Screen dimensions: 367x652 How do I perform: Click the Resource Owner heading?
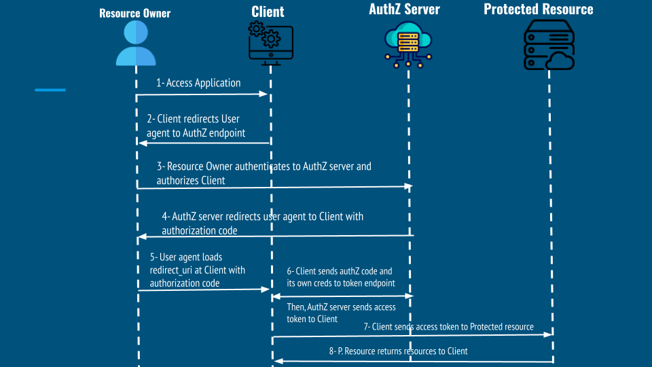click(135, 13)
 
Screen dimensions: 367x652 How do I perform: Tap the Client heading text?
click(268, 12)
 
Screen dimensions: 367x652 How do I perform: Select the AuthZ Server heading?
click(404, 10)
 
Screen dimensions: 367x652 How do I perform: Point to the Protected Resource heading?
click(539, 10)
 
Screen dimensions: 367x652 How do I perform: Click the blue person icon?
click(136, 43)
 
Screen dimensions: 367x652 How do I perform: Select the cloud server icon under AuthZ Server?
click(408, 42)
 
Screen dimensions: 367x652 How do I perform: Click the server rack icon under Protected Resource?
click(549, 45)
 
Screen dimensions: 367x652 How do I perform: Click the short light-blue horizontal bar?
click(50, 90)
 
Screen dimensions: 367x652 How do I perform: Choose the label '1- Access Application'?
click(198, 83)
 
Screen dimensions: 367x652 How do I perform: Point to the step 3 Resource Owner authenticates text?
click(264, 173)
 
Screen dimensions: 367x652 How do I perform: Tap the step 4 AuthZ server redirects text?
click(262, 224)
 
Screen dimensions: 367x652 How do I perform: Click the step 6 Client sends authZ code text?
click(340, 277)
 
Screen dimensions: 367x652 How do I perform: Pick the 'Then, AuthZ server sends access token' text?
click(341, 313)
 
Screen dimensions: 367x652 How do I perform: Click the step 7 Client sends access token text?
click(448, 327)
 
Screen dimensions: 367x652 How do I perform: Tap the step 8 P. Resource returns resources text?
click(398, 351)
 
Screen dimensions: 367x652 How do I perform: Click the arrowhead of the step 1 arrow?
click(265, 94)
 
